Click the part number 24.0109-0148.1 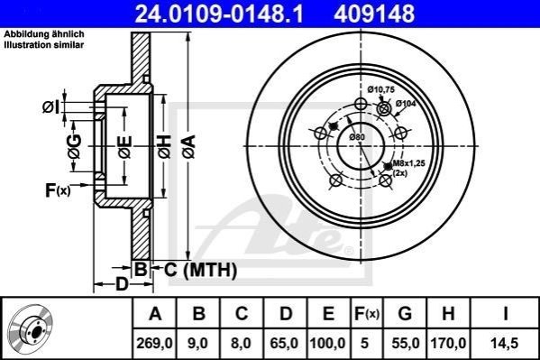pos(219,14)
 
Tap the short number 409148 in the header pos(374,14)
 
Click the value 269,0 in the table pos(155,343)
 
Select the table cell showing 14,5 pos(505,343)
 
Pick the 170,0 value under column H pos(448,343)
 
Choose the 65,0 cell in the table pos(285,343)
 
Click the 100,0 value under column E pos(328,343)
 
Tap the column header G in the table pos(405,314)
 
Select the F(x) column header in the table pos(366,314)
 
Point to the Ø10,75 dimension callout pos(380,89)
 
